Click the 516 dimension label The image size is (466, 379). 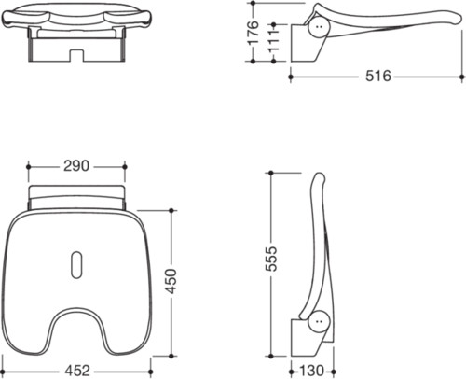pos(378,76)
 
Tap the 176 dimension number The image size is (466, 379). pos(254,33)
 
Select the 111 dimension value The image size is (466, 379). pos(273,42)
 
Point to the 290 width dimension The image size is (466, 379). pos(76,166)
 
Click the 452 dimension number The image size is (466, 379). pos(77,371)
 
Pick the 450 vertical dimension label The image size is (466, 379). pos(171,281)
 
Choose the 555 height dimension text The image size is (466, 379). pos(271,259)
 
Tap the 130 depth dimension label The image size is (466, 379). pos(311,371)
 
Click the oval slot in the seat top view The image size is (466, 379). pos(76,265)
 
